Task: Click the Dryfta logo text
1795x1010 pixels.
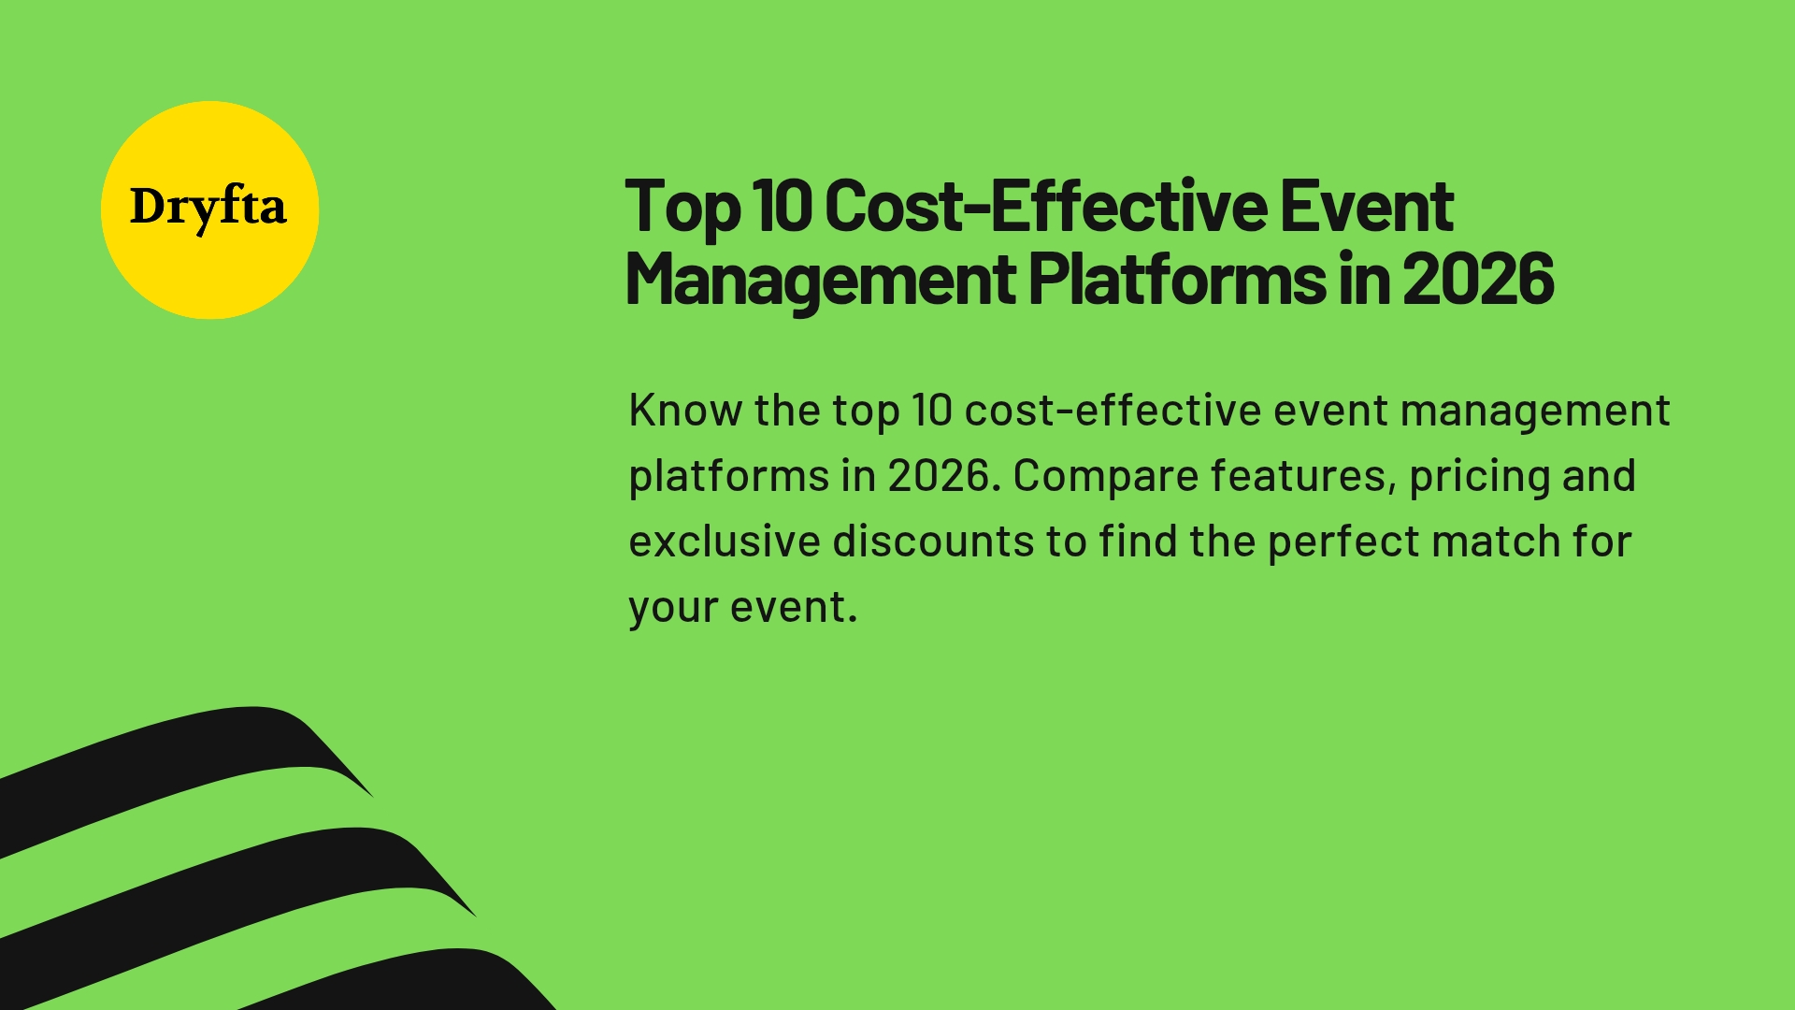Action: tap(208, 207)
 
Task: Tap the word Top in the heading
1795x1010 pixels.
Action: tap(682, 207)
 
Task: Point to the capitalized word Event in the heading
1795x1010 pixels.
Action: tap(1366, 207)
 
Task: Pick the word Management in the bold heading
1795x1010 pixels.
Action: tap(820, 280)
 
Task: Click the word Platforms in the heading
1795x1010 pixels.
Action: tap(1176, 280)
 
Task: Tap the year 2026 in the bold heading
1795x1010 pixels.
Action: tap(1478, 280)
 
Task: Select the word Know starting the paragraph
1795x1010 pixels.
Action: tap(684, 411)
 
